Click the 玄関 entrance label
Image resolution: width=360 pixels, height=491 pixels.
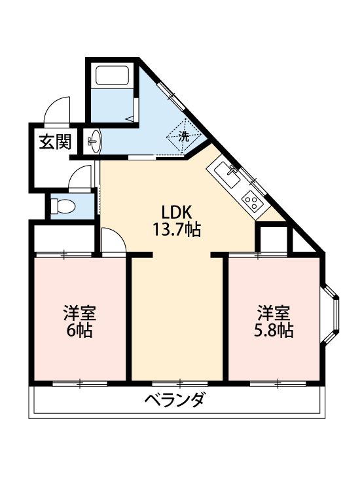click(54, 141)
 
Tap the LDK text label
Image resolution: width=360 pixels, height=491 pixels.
click(176, 213)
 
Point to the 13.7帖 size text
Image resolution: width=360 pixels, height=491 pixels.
click(176, 230)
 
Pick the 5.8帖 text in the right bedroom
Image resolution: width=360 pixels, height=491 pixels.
click(274, 330)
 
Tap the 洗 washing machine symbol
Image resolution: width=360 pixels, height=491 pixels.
click(185, 137)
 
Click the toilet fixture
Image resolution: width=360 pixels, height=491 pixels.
click(63, 207)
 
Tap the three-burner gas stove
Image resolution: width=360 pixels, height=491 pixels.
click(251, 200)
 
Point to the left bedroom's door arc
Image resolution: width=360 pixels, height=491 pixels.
click(113, 239)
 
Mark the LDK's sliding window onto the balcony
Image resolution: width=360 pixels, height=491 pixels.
click(179, 382)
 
